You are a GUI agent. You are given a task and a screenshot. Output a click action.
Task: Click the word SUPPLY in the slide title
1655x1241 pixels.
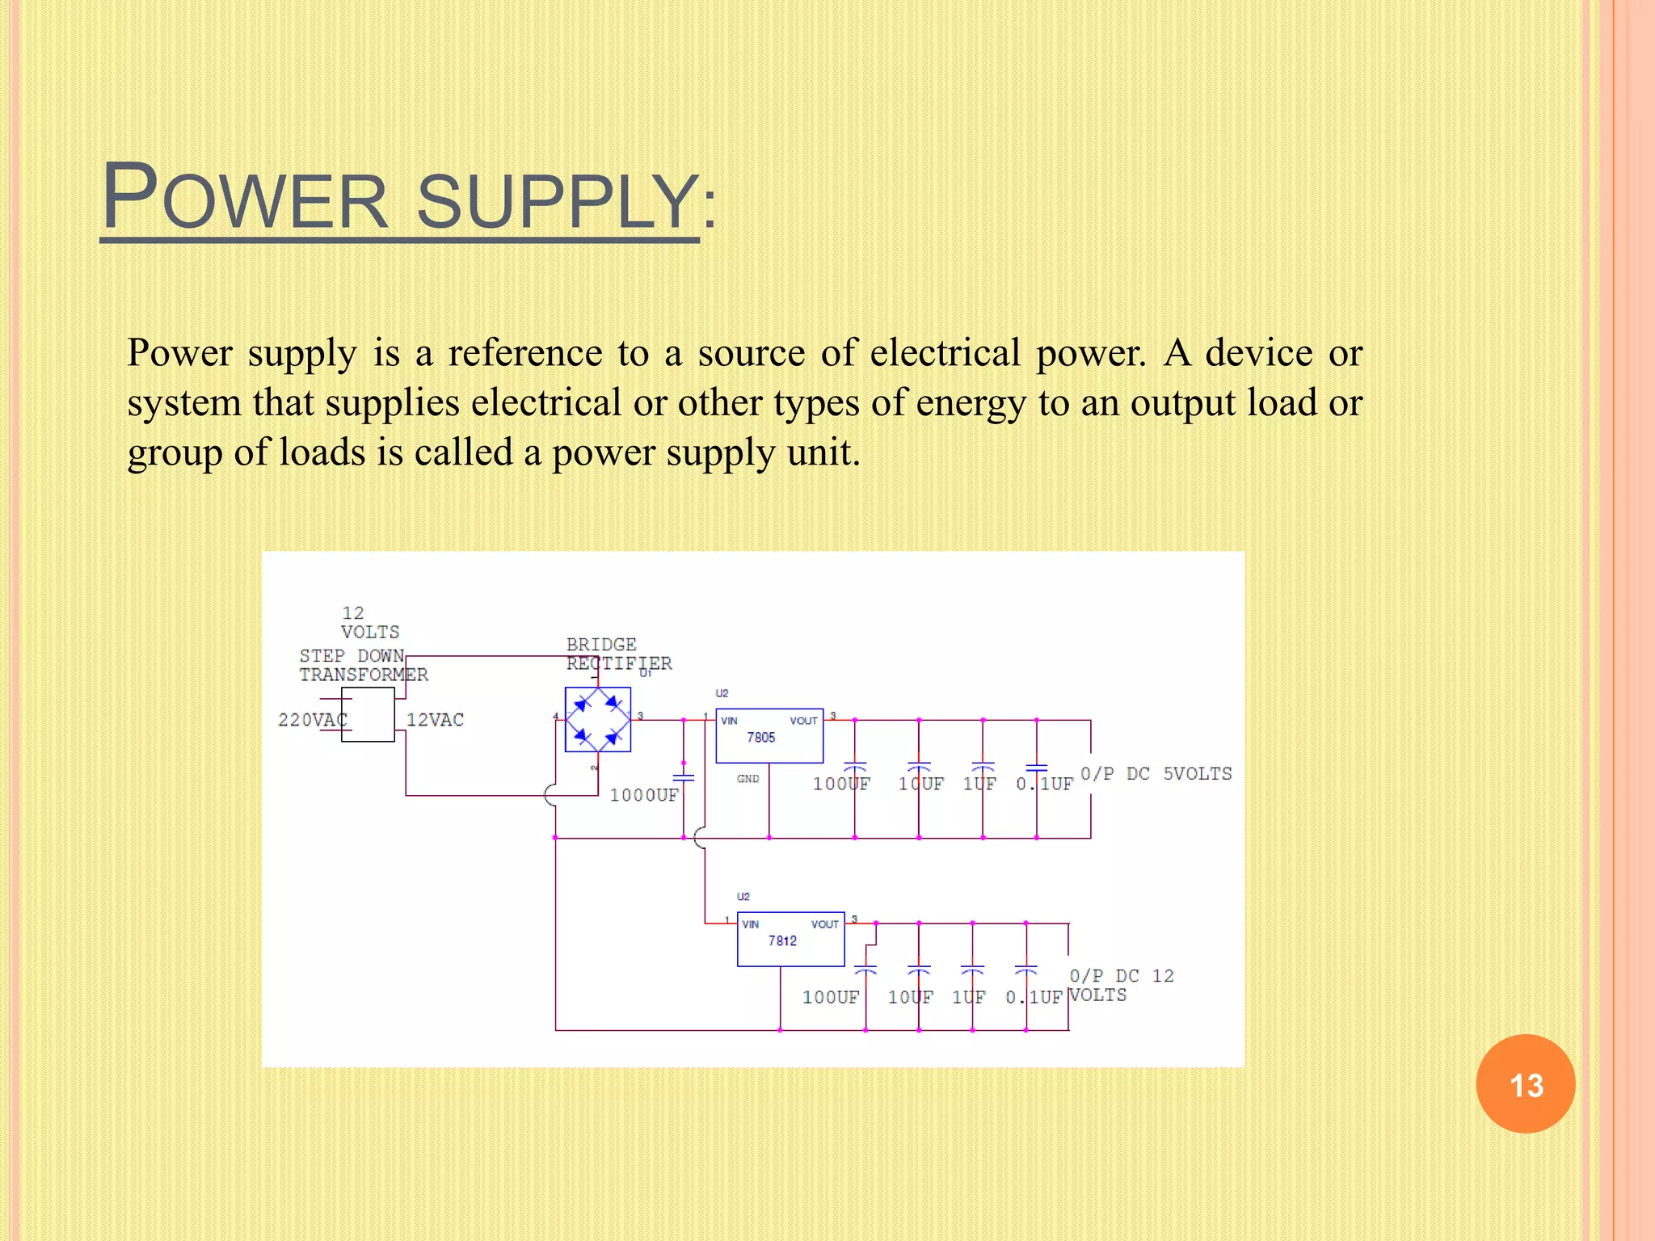[x=557, y=201]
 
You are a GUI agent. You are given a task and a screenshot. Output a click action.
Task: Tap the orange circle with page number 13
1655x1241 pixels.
[x=1525, y=1084]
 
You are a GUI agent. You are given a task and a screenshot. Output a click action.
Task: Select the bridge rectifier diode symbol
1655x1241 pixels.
[x=598, y=719]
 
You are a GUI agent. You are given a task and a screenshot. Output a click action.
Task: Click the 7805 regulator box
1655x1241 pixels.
[x=769, y=736]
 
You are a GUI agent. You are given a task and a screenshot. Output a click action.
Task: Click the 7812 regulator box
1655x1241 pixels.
[x=790, y=940]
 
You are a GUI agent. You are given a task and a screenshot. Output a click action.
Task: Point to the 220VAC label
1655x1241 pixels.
[x=312, y=720]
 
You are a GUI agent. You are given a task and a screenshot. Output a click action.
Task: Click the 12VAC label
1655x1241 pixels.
[x=435, y=720]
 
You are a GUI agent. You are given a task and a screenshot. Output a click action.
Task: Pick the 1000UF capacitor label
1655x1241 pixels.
[x=644, y=795]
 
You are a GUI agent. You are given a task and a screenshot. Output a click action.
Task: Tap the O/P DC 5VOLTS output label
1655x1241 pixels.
[x=1156, y=773]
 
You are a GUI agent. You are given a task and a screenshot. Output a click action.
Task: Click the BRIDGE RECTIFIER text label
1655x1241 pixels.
[x=618, y=654]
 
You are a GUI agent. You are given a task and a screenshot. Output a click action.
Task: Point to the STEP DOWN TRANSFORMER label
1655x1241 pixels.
[x=363, y=665]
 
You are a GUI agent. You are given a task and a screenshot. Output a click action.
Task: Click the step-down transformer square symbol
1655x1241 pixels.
[x=368, y=715]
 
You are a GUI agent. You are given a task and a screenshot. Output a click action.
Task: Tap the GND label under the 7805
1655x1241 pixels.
[x=747, y=779]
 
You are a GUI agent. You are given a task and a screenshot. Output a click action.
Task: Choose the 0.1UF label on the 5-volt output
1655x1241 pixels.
[x=1044, y=784]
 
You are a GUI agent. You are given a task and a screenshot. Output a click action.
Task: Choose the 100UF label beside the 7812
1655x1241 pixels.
[x=830, y=997]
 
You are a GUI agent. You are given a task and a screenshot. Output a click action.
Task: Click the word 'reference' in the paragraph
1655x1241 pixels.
[x=524, y=353]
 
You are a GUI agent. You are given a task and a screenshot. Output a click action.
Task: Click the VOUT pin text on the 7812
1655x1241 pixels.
[x=824, y=924]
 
